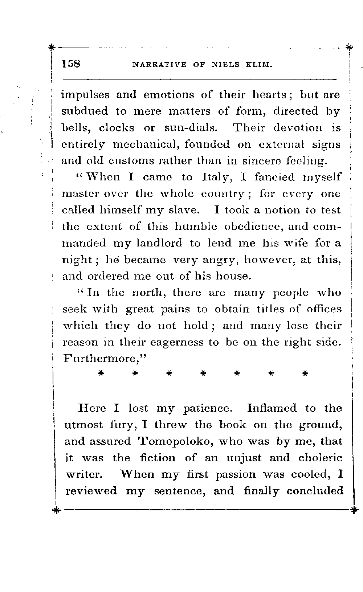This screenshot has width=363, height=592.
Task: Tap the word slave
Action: coord(182,210)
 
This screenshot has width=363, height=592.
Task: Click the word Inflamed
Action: coord(272,408)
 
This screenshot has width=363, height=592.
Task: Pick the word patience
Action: coord(207,409)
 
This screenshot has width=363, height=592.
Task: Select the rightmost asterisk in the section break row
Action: coord(305,373)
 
